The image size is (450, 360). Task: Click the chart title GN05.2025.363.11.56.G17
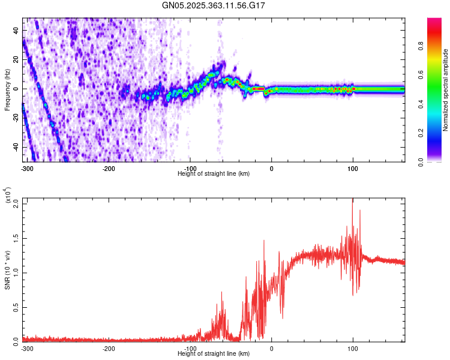(214, 5)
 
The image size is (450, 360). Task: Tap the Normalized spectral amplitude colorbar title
(446, 90)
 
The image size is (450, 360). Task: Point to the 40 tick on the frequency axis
(16, 30)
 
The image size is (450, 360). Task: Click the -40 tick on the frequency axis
(15, 148)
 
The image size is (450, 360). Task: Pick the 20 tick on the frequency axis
(16, 59)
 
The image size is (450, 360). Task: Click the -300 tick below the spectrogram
(27, 168)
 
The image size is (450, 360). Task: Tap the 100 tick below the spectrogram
(353, 168)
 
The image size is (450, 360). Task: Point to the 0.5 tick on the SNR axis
(15, 306)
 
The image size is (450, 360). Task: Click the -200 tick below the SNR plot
(109, 348)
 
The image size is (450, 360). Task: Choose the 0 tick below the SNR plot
(271, 348)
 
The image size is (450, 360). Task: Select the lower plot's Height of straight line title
(214, 354)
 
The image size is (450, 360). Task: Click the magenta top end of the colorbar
(434, 21)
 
